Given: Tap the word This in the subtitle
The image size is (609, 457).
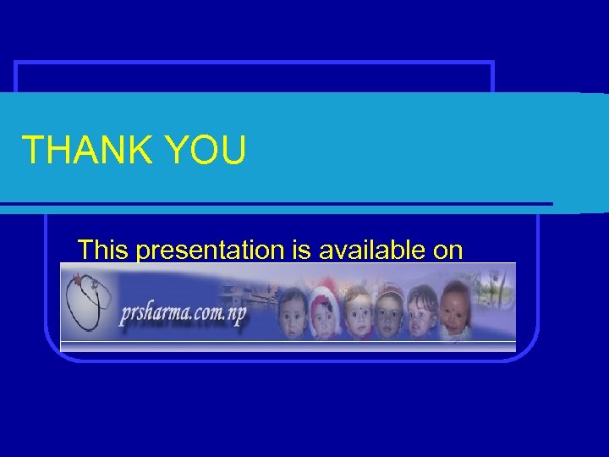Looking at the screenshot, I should tap(103, 250).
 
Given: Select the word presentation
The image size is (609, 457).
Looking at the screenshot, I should tap(206, 250).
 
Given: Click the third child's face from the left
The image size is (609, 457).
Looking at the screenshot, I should tap(359, 311).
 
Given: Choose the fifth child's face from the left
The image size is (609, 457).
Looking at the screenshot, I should tap(422, 311).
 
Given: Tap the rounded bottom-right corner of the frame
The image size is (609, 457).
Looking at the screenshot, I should tap(530, 352).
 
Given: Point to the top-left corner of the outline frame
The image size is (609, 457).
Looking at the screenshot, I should tap(17, 64).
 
